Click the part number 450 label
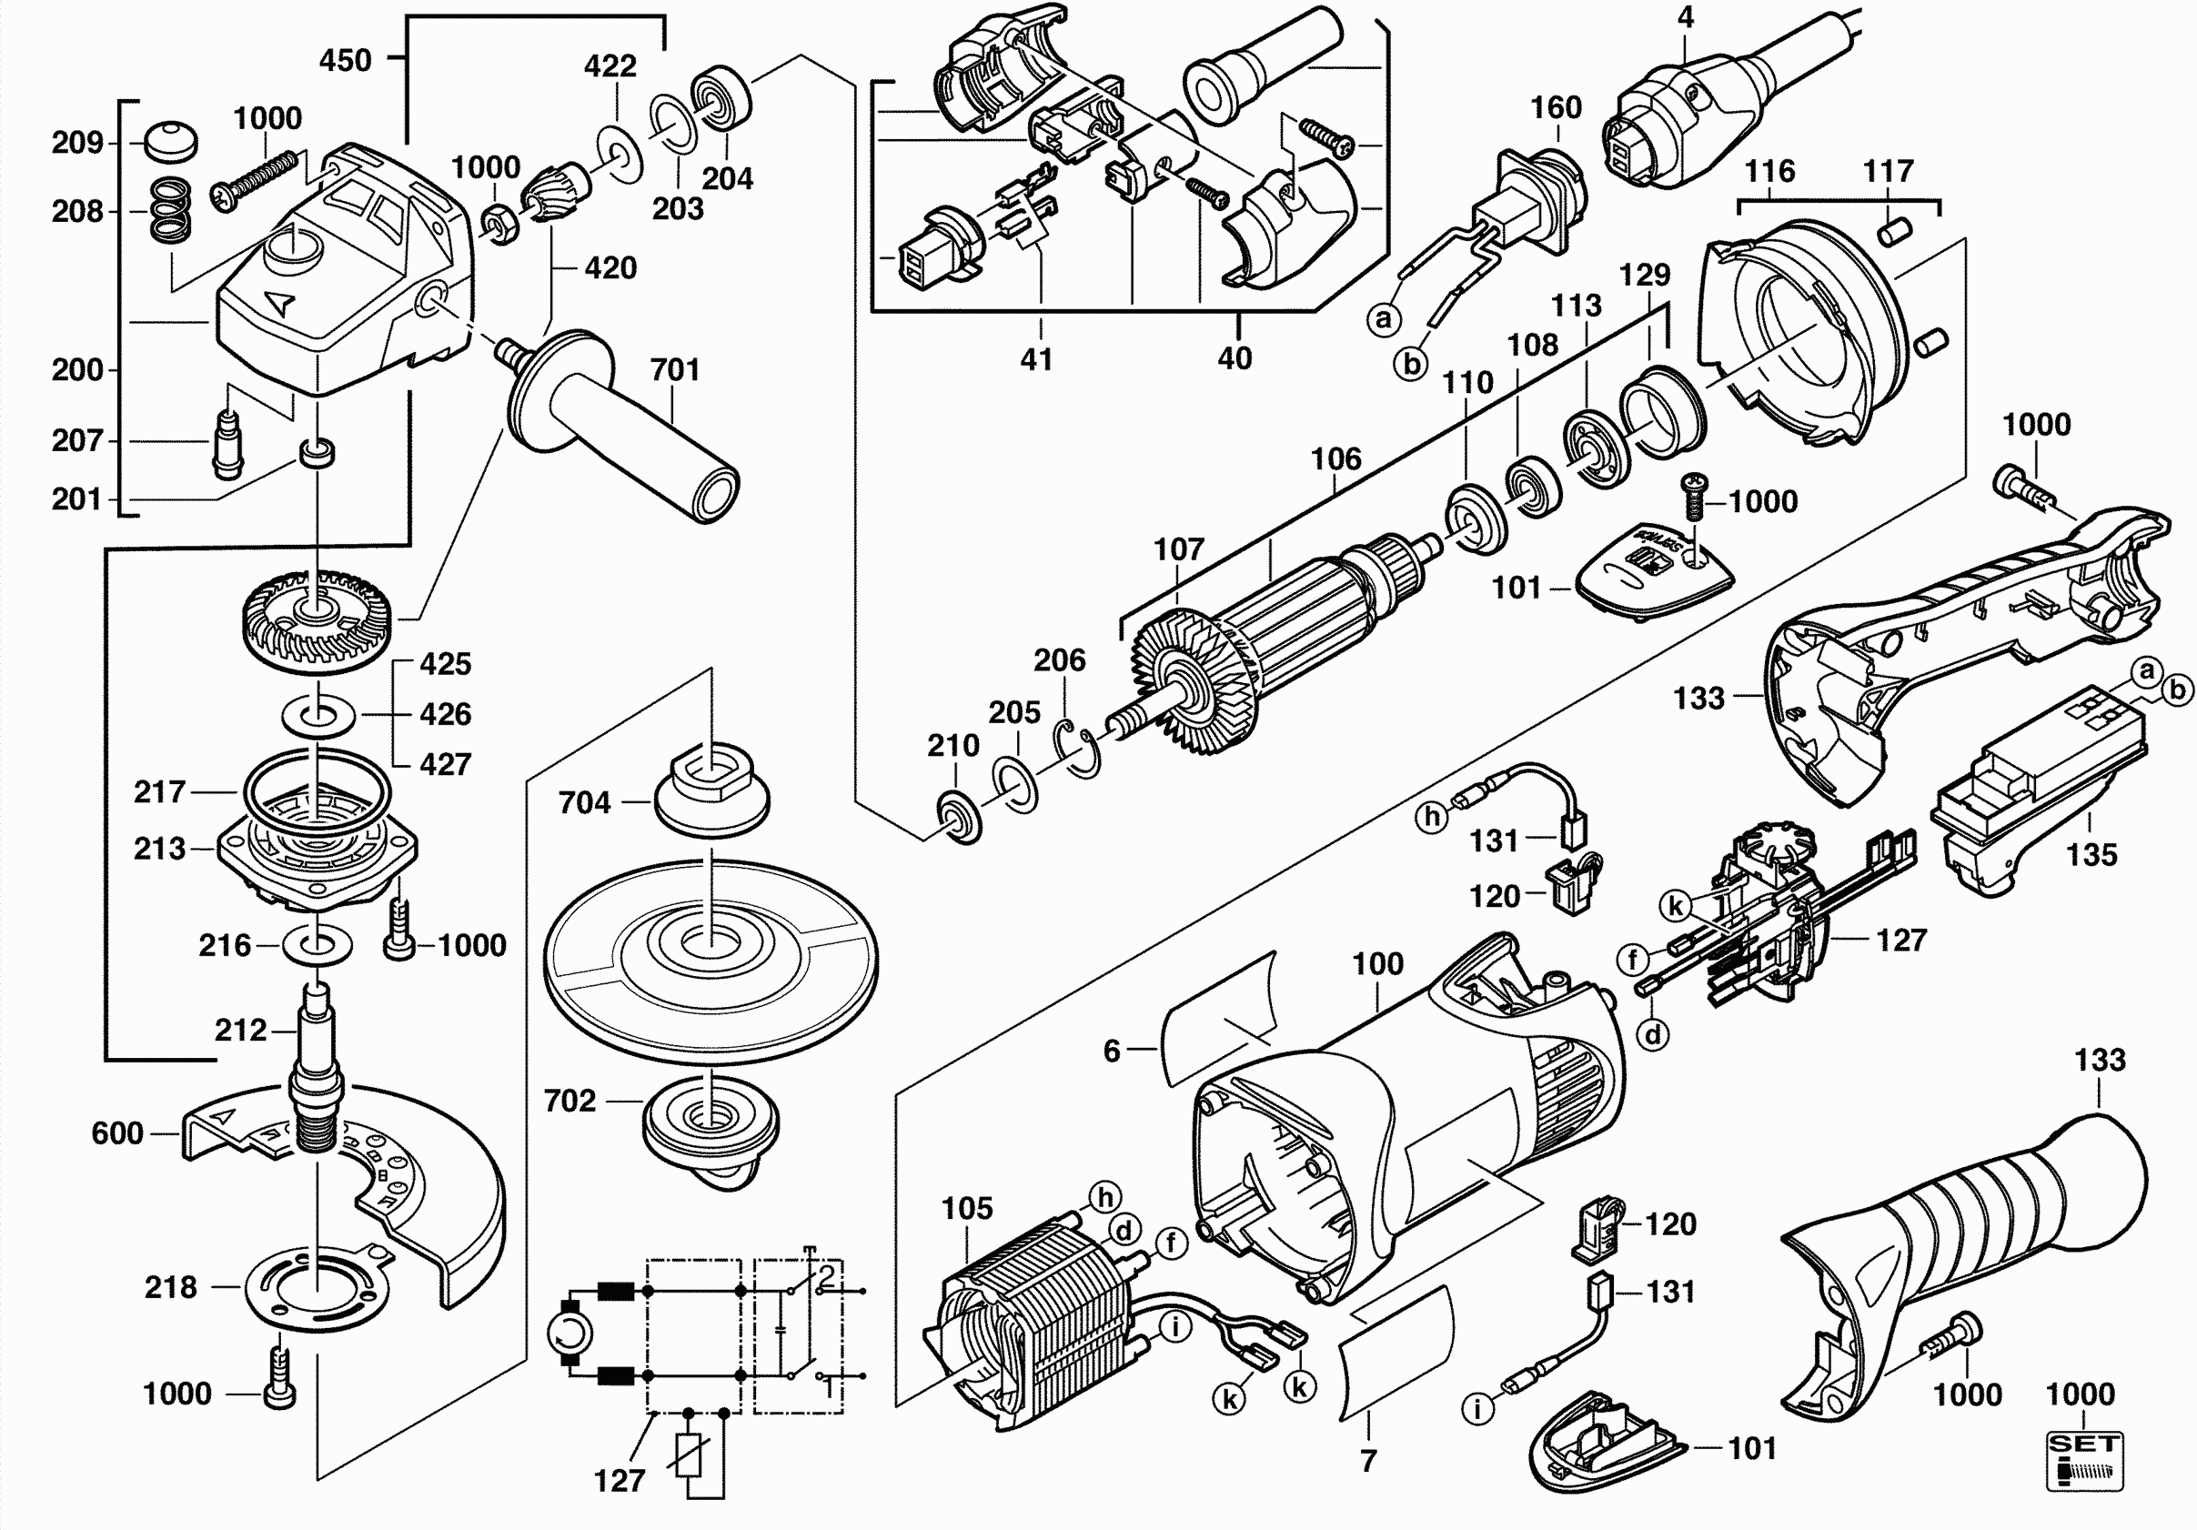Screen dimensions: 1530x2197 pos(345,60)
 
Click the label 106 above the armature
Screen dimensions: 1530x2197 pos(1335,459)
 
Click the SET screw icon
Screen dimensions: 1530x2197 pos(2084,1460)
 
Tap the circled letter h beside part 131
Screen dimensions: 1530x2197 pos(1432,816)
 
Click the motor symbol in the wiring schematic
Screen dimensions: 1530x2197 pos(570,1333)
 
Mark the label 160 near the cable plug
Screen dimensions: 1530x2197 pos(1556,107)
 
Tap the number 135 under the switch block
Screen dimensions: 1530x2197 pos(2091,854)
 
